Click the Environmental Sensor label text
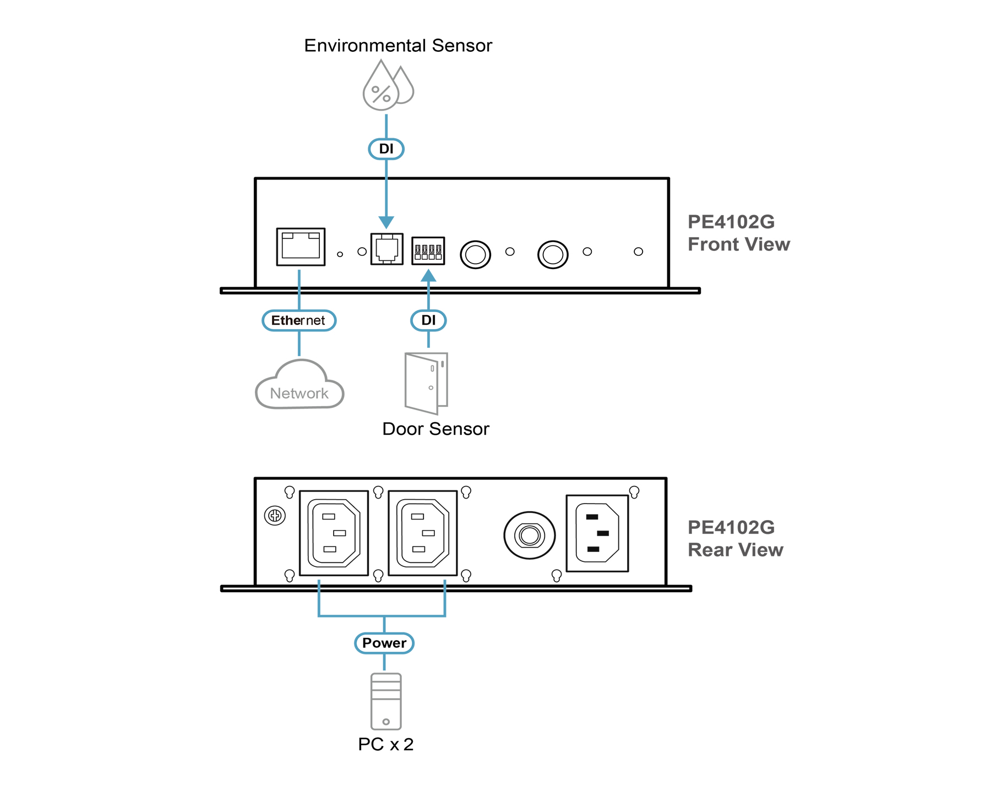click(398, 45)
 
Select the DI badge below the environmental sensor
click(386, 149)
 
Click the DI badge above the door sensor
click(428, 320)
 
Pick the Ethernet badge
click(299, 320)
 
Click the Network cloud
click(300, 387)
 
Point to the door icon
click(426, 383)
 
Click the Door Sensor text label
click(435, 429)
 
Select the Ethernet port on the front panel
click(301, 247)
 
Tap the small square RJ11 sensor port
click(386, 249)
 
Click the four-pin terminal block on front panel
click(428, 251)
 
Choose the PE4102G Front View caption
click(738, 233)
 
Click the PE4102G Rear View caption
click(735, 538)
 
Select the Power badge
click(384, 643)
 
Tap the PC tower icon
click(386, 701)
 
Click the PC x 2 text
click(385, 744)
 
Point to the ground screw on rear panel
click(275, 516)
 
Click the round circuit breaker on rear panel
click(530, 535)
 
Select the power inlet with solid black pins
click(597, 533)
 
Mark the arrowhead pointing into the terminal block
click(428, 275)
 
